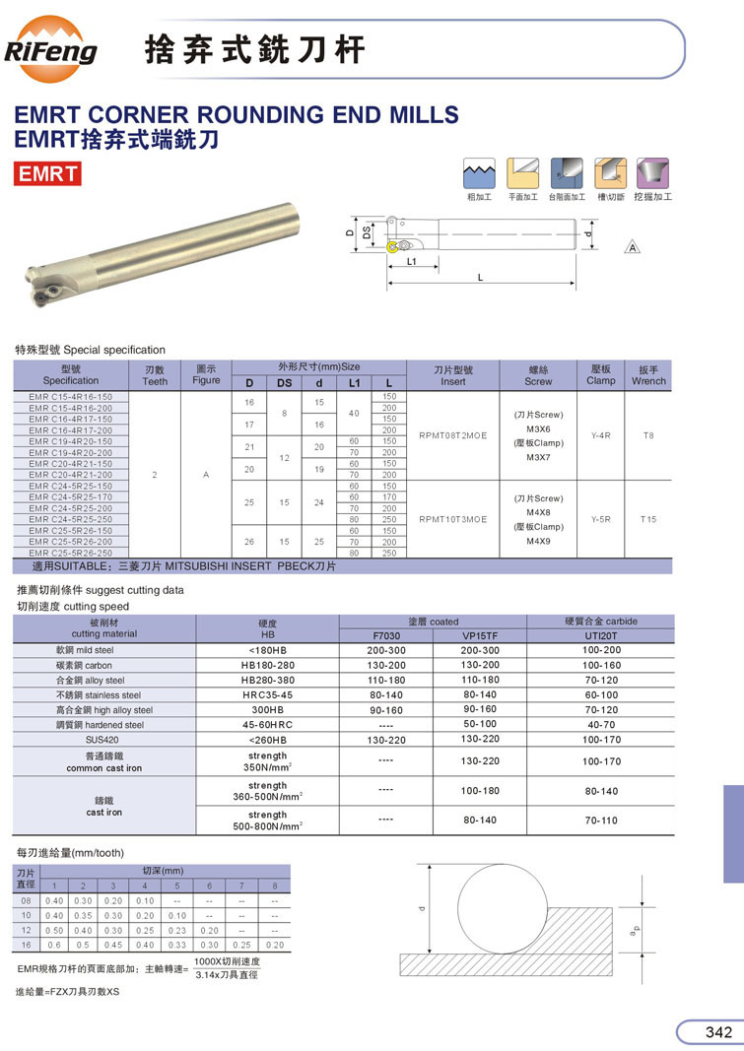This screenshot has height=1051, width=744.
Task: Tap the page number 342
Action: click(x=718, y=1031)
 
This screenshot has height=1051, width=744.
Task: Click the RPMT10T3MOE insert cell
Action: click(x=453, y=519)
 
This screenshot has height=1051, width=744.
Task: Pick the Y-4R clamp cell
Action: click(x=600, y=434)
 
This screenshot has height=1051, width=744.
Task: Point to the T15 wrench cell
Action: click(x=648, y=519)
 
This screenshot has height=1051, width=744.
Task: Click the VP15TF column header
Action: click(x=480, y=635)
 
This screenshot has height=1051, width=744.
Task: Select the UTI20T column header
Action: click(x=600, y=635)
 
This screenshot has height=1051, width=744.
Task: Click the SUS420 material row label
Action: click(x=101, y=739)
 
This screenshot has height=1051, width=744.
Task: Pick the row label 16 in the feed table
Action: click(x=28, y=945)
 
